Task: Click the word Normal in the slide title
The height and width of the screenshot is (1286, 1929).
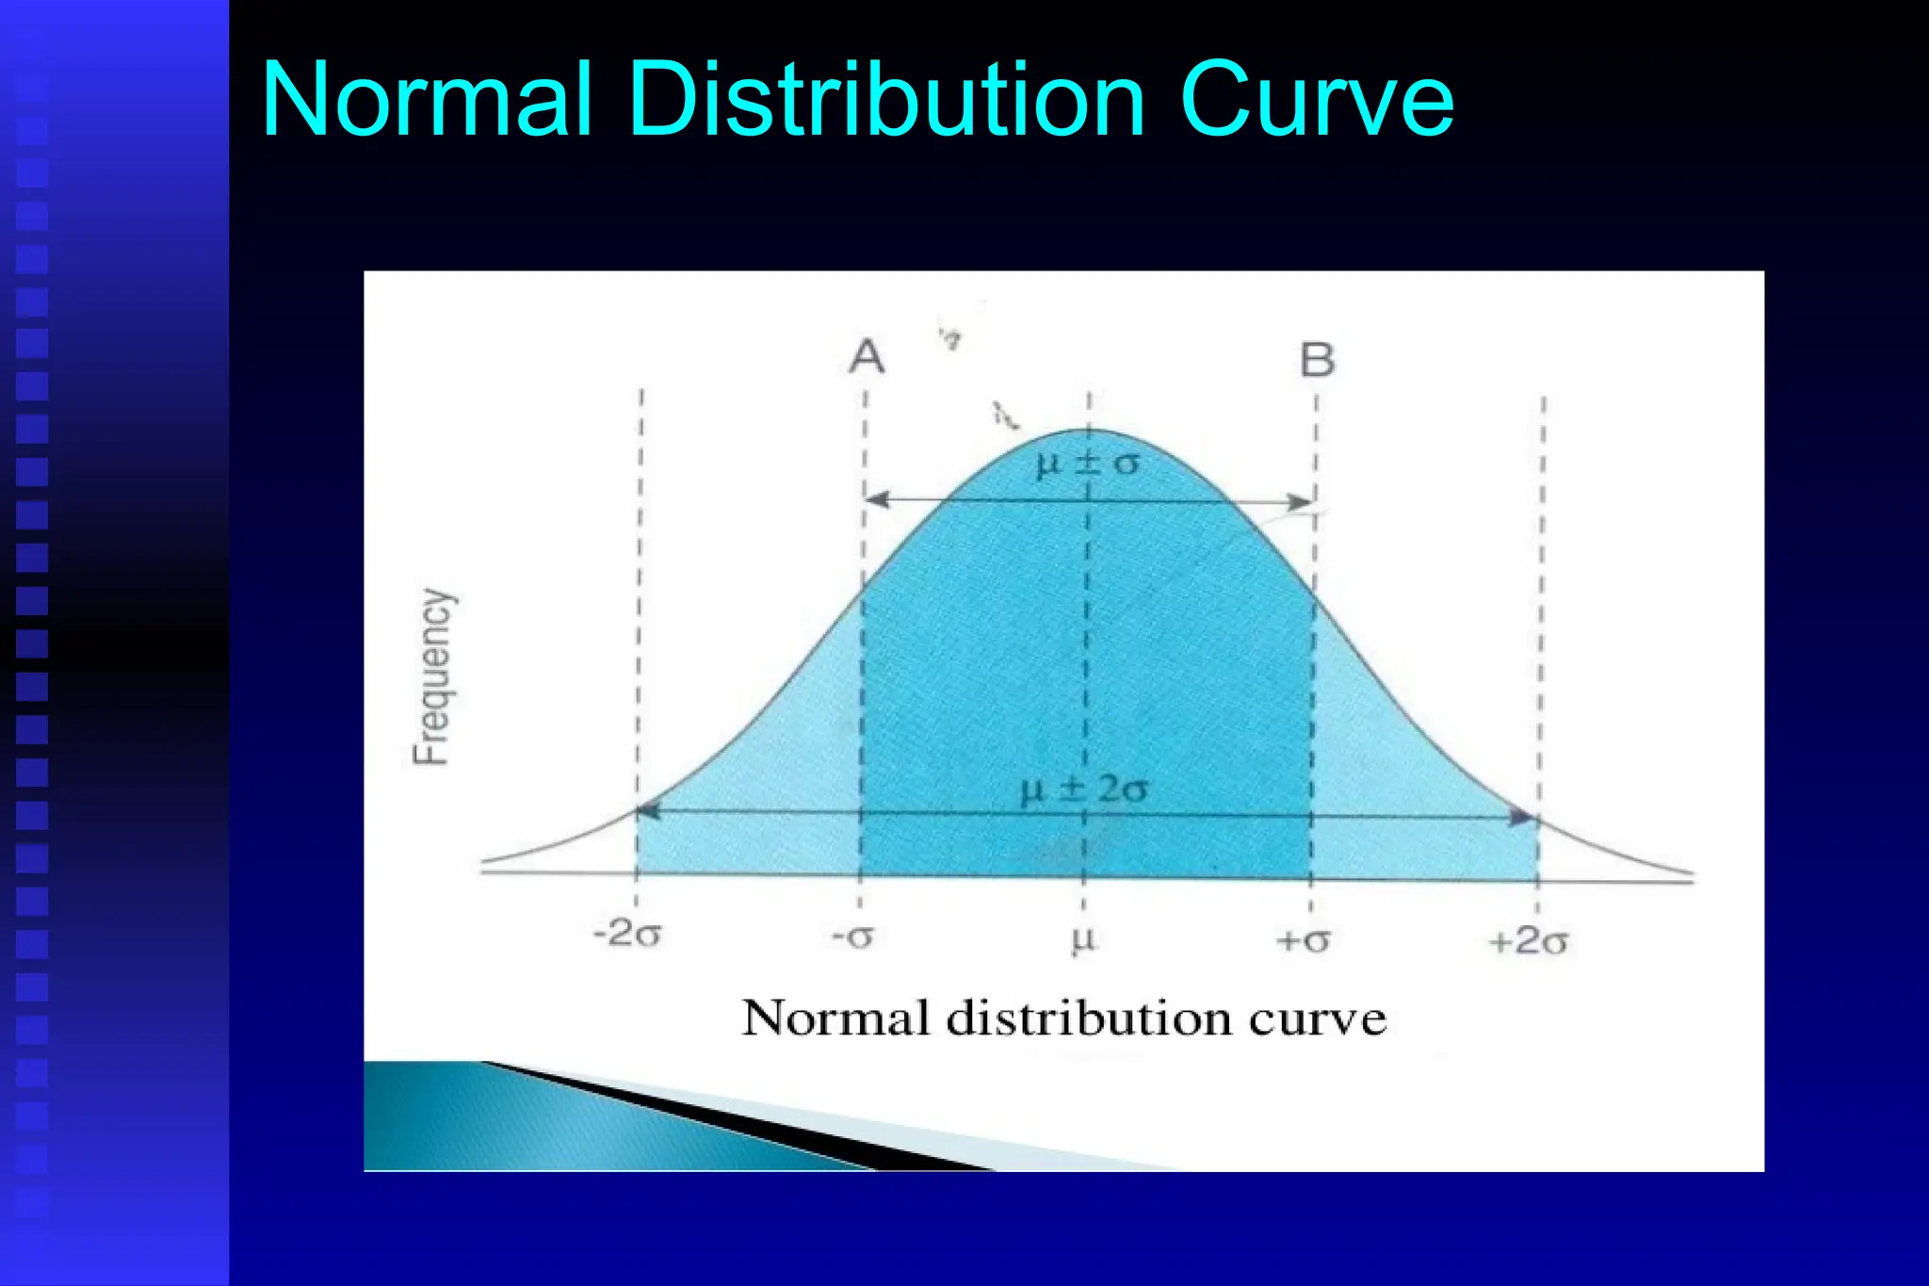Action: pos(427,99)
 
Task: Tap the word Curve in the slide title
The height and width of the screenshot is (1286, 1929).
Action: pos(1316,99)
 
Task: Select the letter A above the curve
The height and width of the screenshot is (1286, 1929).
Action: pos(867,357)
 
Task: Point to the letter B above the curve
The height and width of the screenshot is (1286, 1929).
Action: pos(1317,360)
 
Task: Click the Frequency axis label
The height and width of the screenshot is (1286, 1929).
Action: pos(434,676)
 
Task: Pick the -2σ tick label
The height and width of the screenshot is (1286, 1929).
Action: pos(627,935)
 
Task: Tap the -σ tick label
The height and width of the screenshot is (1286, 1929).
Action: pos(853,936)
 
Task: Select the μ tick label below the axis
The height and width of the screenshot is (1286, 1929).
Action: pos(1084,939)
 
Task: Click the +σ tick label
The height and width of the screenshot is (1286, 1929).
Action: pos(1303,940)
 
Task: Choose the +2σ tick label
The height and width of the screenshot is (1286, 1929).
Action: pos(1529,941)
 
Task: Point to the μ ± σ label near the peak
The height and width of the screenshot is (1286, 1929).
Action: pos(1087,464)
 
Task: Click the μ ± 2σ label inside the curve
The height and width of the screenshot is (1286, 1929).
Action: pos(1084,790)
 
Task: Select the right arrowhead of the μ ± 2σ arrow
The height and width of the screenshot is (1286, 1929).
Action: pos(1525,817)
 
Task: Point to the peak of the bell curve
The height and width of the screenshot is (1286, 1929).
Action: pos(1090,431)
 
